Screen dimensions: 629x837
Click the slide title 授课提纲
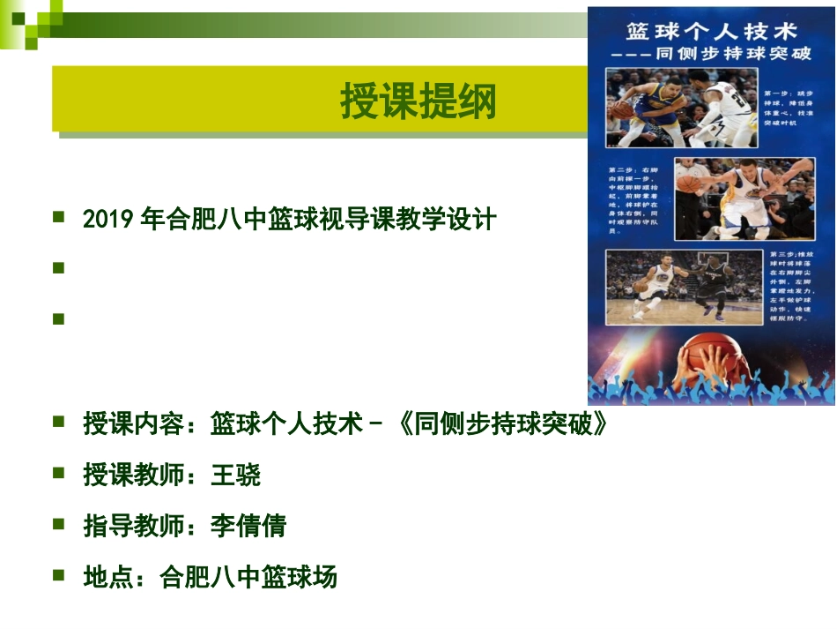click(418, 102)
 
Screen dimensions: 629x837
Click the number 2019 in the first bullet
click(109, 219)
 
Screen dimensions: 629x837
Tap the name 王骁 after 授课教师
click(235, 475)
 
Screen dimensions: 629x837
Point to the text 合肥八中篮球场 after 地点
click(248, 578)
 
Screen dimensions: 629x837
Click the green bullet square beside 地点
click(59, 575)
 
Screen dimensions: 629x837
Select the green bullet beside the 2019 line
click(59, 216)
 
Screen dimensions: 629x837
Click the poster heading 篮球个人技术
click(711, 32)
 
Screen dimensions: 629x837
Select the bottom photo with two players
click(683, 287)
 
